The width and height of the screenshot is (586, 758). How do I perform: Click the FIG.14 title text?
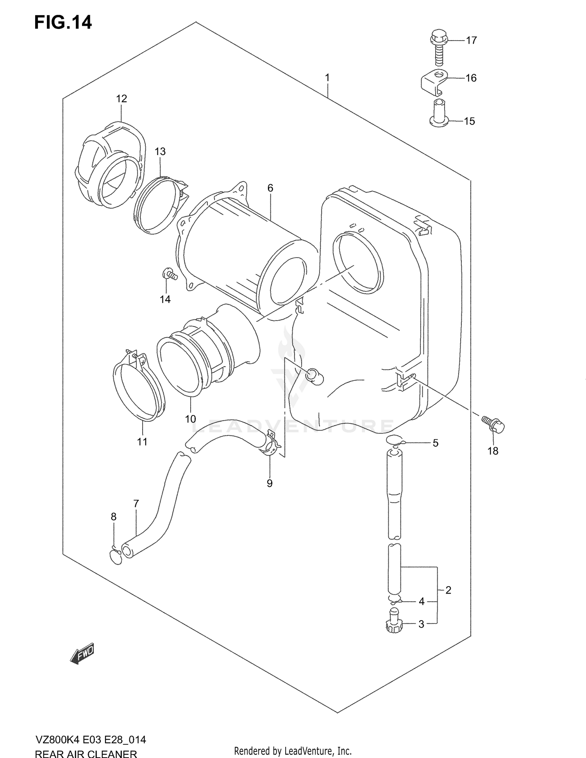click(63, 23)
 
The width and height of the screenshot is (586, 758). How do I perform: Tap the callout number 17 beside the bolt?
click(471, 40)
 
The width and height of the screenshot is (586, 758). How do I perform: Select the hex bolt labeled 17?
click(438, 49)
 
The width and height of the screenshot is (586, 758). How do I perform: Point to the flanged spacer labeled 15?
click(438, 114)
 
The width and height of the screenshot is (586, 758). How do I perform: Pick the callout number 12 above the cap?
click(121, 99)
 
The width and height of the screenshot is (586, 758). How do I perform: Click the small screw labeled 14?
click(169, 274)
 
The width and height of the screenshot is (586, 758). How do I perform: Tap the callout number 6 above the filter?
click(270, 188)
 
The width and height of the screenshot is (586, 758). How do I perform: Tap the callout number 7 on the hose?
click(136, 504)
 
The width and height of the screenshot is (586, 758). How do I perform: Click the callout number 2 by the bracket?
click(448, 590)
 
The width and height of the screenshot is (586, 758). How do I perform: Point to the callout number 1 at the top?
click(327, 78)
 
